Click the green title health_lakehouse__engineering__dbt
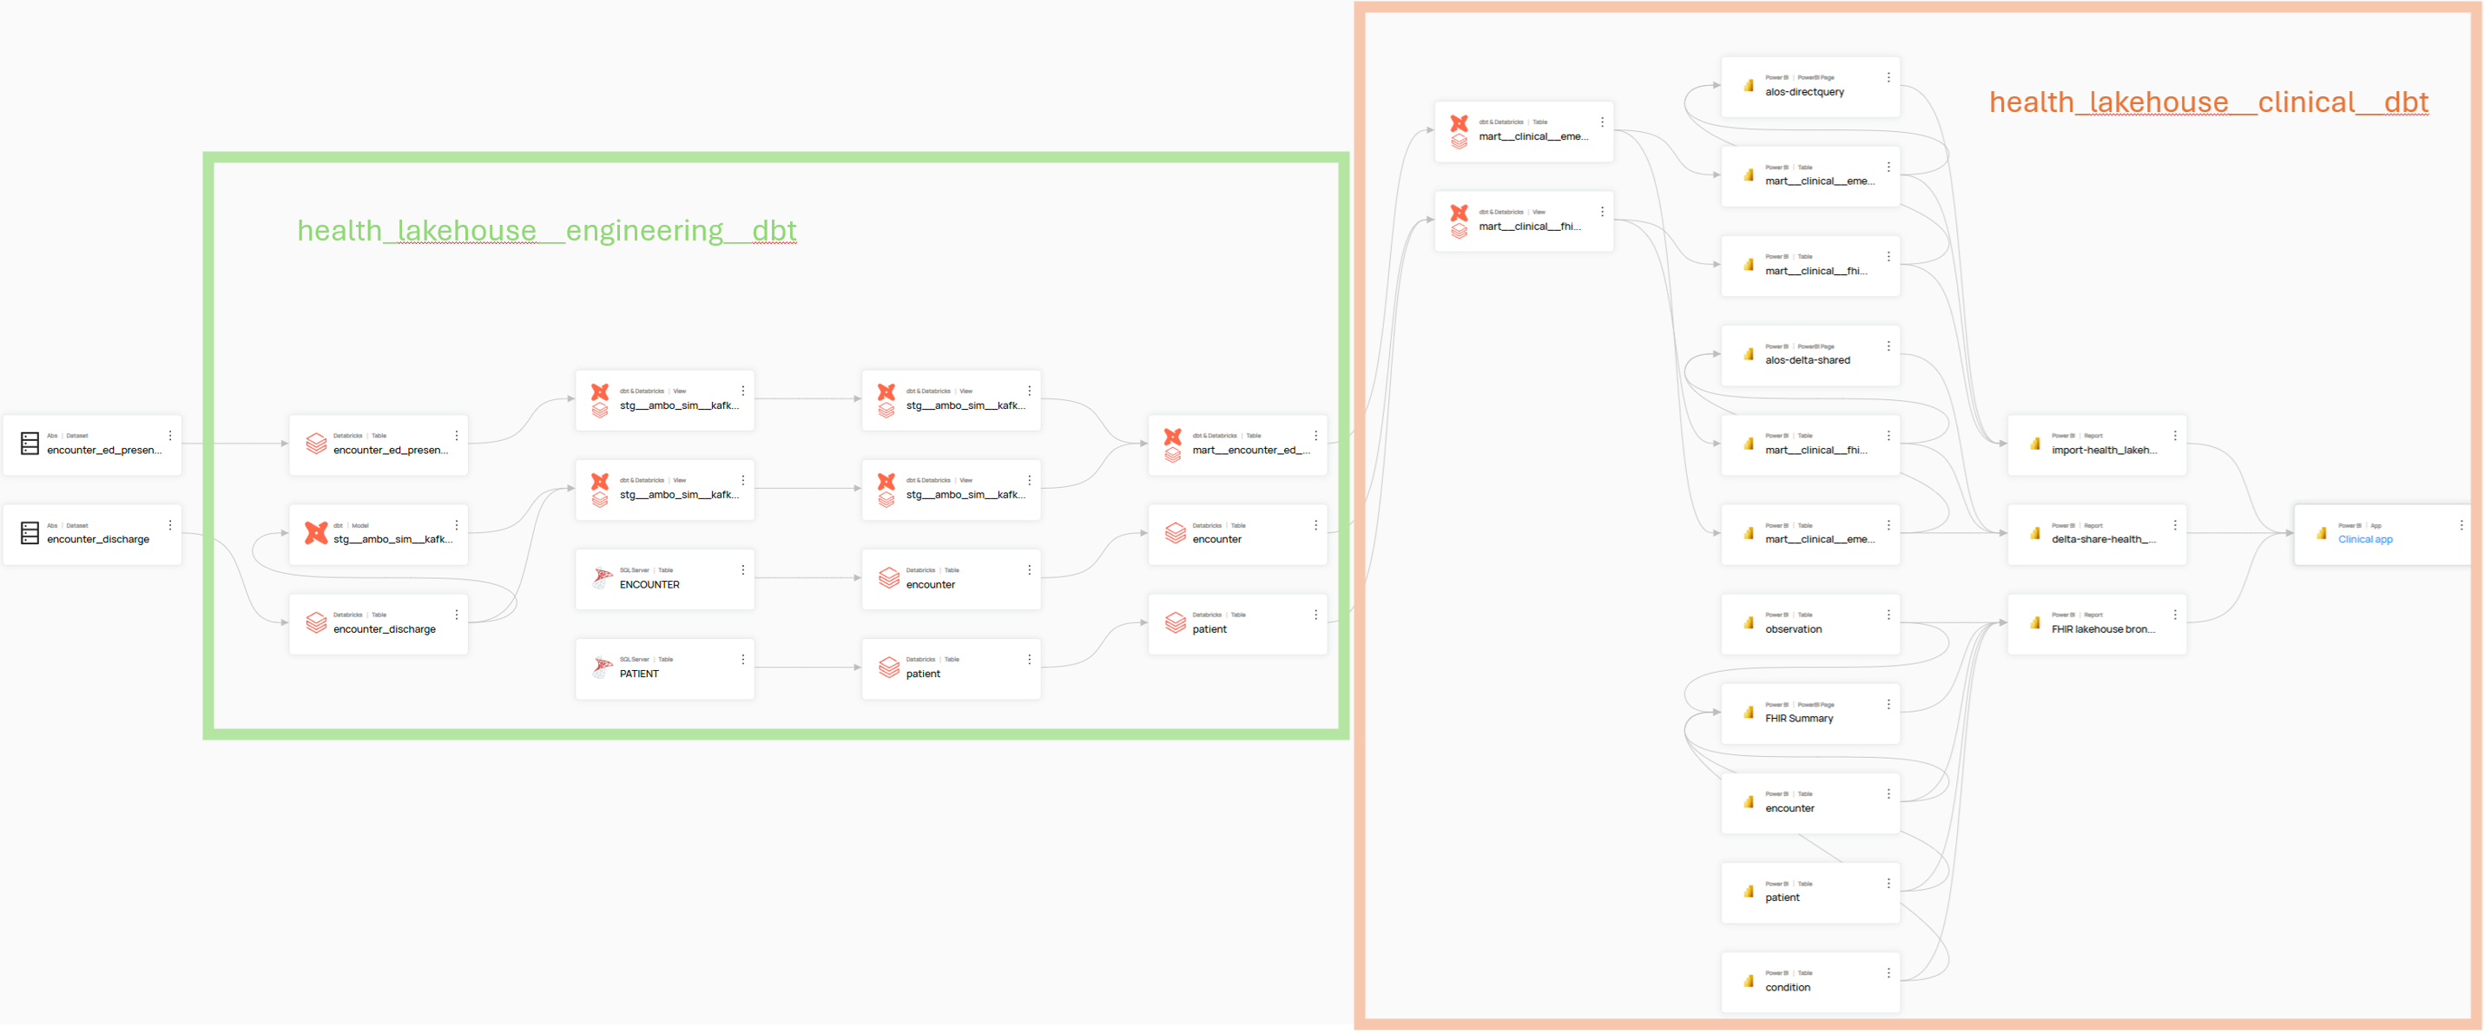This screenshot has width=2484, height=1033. (547, 231)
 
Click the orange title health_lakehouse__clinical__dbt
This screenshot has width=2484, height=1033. (2208, 102)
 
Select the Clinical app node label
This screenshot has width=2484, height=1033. (2364, 540)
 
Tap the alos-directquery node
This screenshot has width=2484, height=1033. (1804, 93)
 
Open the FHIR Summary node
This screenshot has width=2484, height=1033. (1799, 719)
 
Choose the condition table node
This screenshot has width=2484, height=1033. (1788, 988)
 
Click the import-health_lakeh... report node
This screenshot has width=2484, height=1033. (2103, 451)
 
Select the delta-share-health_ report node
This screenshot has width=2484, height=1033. (2103, 540)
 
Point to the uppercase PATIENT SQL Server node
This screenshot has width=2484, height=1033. (639, 674)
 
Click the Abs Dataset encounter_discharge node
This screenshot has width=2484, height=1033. (98, 540)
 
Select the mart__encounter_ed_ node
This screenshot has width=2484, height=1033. (1250, 451)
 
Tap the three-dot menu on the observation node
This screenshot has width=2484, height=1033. (1888, 615)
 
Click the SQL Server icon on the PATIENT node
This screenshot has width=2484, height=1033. (602, 667)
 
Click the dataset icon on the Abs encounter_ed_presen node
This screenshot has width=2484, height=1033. (30, 444)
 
